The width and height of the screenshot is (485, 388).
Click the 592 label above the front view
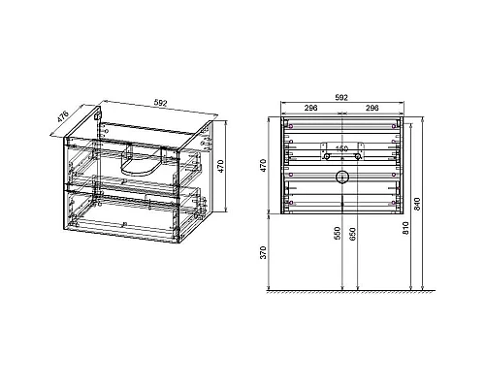[x=341, y=99]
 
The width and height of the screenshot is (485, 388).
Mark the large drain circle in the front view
[x=341, y=177]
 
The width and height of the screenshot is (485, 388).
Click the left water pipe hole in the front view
[x=327, y=156]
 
